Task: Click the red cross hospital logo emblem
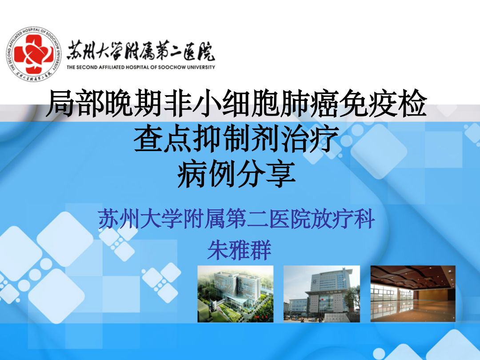click(x=34, y=54)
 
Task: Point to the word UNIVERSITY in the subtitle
click(x=201, y=67)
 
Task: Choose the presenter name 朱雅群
click(x=240, y=250)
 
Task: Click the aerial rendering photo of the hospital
click(x=236, y=294)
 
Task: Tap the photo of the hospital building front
click(x=322, y=294)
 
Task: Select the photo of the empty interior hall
click(x=413, y=294)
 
